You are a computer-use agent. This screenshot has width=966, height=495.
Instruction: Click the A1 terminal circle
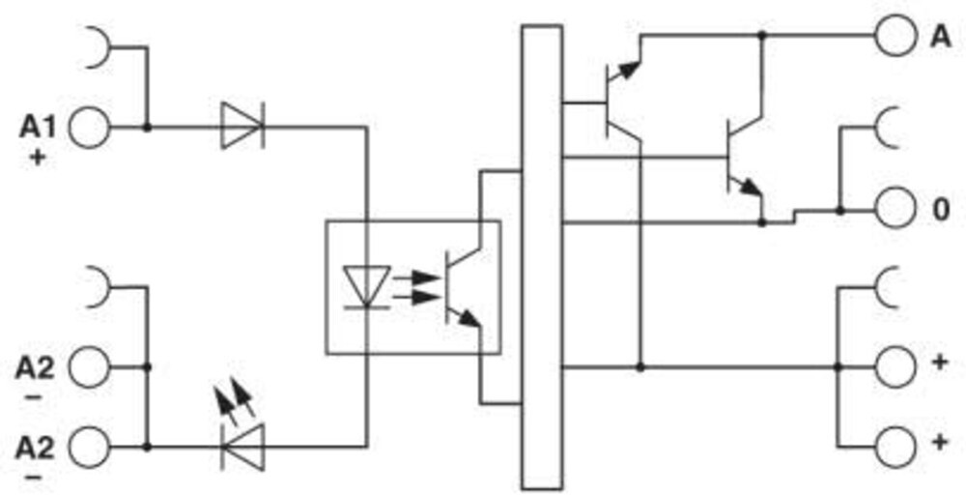tap(89, 128)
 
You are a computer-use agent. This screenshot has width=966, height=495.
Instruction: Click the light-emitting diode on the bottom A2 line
tap(242, 448)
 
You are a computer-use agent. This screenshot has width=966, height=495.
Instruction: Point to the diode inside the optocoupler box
tap(366, 286)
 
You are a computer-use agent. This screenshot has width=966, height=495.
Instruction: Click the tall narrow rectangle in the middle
tap(542, 257)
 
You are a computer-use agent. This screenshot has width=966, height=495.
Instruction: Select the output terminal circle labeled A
tap(895, 36)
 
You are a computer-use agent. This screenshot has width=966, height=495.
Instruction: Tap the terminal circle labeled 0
tap(895, 210)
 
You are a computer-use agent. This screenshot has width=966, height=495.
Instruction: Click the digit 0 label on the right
tap(940, 210)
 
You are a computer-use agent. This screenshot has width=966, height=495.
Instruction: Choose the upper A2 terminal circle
tap(89, 367)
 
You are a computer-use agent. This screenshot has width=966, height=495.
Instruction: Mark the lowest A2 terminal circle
tap(89, 448)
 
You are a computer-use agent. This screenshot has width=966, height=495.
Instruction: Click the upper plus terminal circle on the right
tap(895, 367)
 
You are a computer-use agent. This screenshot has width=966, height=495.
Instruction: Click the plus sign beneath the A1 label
tap(39, 158)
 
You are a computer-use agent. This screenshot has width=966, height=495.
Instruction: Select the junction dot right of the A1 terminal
tap(147, 128)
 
